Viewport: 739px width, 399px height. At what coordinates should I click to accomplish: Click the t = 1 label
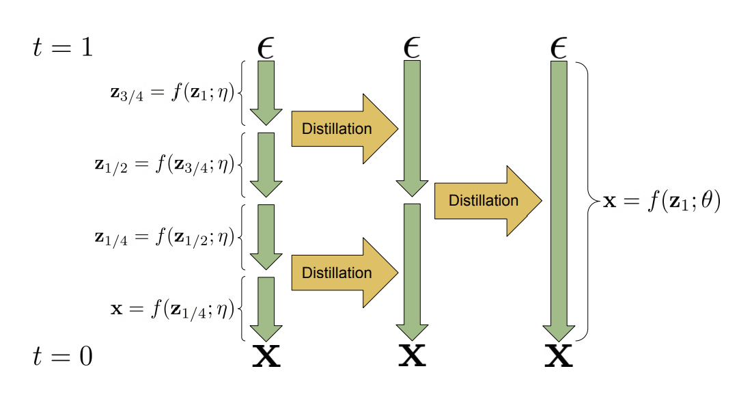click(x=63, y=48)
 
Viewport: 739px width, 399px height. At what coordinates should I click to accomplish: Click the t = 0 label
click(x=63, y=356)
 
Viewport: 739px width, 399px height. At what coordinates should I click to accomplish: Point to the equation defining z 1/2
click(x=165, y=165)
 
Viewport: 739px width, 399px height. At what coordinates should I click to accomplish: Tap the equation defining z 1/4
click(x=165, y=237)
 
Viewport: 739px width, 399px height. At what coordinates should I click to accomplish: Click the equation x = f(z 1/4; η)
click(x=173, y=309)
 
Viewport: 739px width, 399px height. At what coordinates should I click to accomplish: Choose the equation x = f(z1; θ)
click(x=661, y=202)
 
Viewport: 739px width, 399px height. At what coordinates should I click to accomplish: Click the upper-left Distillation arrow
click(x=344, y=128)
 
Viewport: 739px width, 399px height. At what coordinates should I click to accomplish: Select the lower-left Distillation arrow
click(x=344, y=273)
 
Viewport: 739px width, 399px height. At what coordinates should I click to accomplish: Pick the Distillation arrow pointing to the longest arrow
click(x=487, y=201)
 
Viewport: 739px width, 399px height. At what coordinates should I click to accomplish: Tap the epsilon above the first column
click(x=266, y=48)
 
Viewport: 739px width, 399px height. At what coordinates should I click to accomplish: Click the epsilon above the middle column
click(x=412, y=48)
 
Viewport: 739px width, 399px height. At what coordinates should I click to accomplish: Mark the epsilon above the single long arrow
click(x=558, y=48)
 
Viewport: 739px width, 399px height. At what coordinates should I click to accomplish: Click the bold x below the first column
click(x=266, y=357)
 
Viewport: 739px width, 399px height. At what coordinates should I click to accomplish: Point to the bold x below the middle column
click(x=412, y=357)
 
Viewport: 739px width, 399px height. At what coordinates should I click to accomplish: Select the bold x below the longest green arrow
click(x=558, y=357)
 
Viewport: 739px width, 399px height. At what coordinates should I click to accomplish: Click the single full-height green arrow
click(x=559, y=198)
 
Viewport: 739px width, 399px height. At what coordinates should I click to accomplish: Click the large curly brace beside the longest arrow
click(x=586, y=201)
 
